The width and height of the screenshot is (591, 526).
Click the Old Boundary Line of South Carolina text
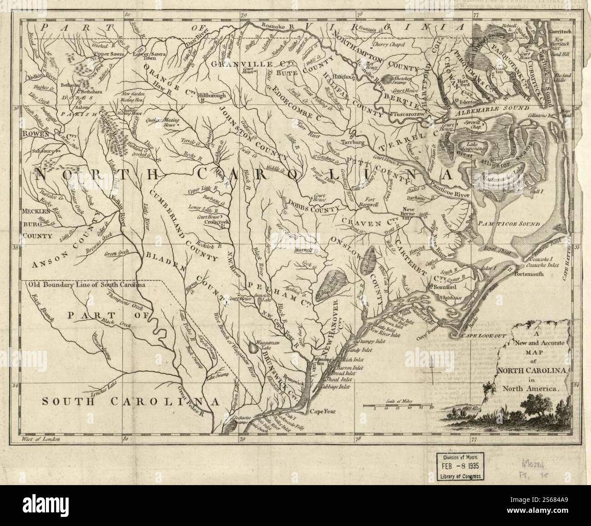click(86, 286)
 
